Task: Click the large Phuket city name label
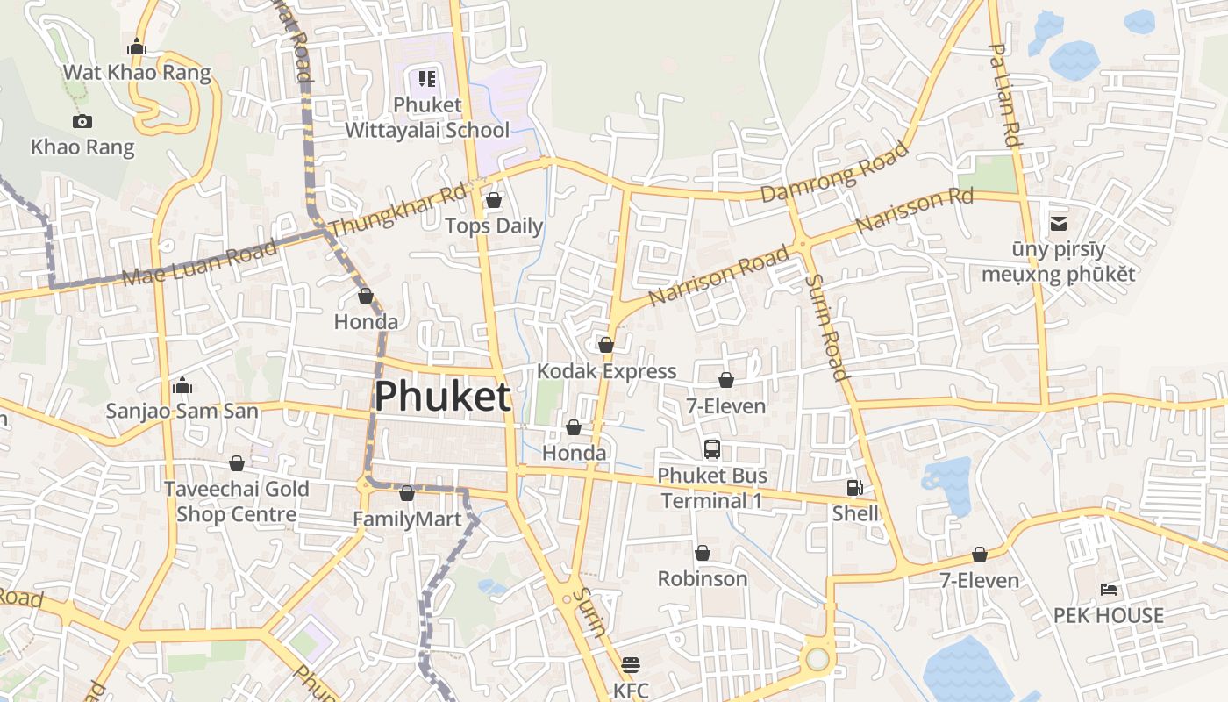(x=442, y=397)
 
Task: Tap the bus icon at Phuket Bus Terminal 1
(x=712, y=449)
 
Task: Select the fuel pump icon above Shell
(x=854, y=488)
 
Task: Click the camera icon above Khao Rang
(x=82, y=121)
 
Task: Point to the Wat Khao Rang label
(x=137, y=72)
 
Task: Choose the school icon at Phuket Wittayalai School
(x=427, y=79)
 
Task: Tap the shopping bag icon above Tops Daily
(x=494, y=201)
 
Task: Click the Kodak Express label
(x=606, y=371)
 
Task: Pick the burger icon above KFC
(x=631, y=664)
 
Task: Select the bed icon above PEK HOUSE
(x=1109, y=589)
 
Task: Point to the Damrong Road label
(x=834, y=172)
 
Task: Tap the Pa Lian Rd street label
(x=1005, y=95)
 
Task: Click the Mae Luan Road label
(x=201, y=261)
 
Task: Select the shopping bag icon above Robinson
(x=703, y=553)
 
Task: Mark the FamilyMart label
(x=407, y=519)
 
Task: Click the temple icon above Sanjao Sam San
(x=182, y=385)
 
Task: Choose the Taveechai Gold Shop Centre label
(x=237, y=501)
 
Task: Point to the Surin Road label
(x=827, y=327)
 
